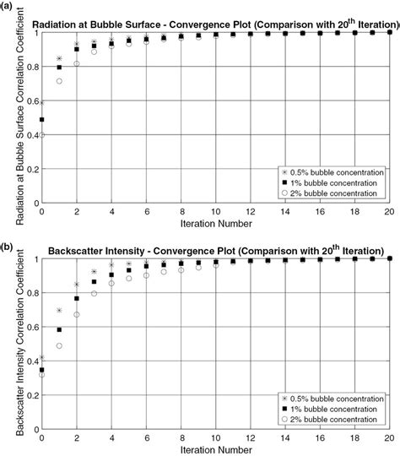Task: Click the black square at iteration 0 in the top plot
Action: coord(42,120)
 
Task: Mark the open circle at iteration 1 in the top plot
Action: coord(59,81)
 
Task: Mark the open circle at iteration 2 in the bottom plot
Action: coord(77,315)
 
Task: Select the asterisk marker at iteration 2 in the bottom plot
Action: coord(77,285)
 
